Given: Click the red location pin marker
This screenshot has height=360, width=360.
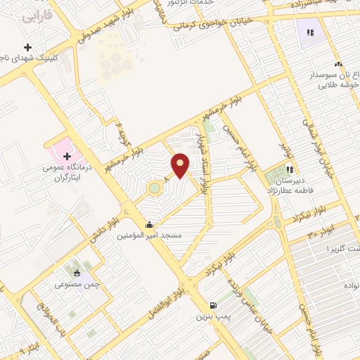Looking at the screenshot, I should tap(181, 165).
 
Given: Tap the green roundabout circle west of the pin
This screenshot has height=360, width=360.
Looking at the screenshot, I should tap(153, 188).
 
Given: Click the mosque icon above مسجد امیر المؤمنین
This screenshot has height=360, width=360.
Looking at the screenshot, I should tap(149, 225).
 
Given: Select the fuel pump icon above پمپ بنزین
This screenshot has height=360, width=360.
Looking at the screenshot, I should tap(212, 306).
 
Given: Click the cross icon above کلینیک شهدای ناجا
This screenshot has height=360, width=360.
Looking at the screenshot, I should tap(27, 47).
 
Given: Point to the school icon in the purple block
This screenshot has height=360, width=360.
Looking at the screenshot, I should tap(310, 32).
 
